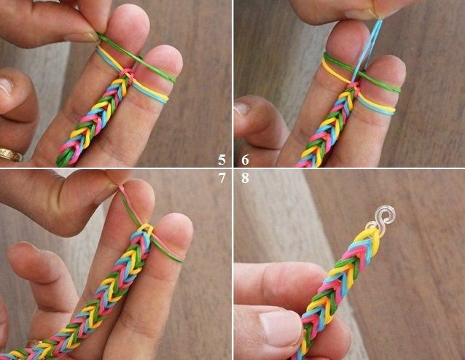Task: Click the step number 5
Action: [222, 160]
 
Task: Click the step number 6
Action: [245, 160]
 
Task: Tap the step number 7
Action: [222, 178]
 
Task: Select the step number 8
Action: [245, 178]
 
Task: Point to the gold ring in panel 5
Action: [10, 154]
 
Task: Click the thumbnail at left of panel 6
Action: [242, 109]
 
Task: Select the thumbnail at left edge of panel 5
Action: [5, 87]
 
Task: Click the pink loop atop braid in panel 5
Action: [128, 74]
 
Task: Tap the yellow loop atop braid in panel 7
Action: [146, 228]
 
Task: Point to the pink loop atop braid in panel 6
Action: [353, 86]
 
